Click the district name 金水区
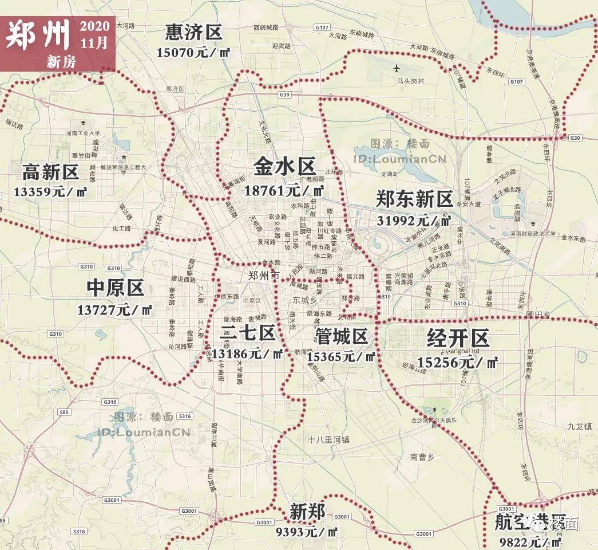coord(284,167)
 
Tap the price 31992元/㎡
coord(414,220)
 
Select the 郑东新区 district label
coord(414,199)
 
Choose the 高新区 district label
coord(50,171)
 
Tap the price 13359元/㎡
coord(50,191)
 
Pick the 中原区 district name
coord(115,288)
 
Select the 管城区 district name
coord(341,336)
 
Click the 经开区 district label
coord(458,339)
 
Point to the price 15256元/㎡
coord(457,362)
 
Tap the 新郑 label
coord(307,511)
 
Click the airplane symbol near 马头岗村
coord(397,68)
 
